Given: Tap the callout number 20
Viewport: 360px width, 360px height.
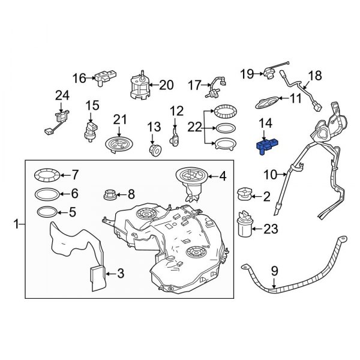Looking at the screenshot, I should pyautogui.click(x=166, y=85).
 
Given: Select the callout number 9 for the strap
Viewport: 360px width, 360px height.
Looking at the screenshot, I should pyautogui.click(x=274, y=271).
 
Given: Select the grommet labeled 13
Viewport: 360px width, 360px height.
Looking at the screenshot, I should pyautogui.click(x=155, y=148).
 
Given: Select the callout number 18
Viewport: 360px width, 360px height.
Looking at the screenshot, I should pyautogui.click(x=314, y=76).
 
